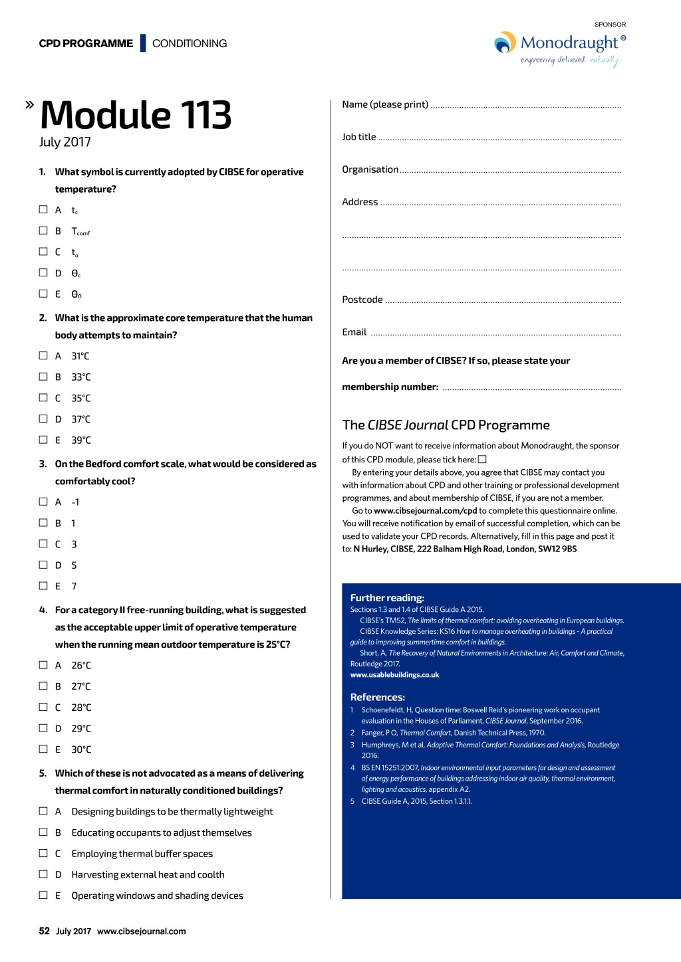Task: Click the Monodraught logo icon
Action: [505, 43]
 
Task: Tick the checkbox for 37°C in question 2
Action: [43, 419]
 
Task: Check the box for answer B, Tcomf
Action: [43, 231]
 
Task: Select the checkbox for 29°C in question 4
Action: [43, 728]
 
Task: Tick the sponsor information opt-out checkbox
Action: [482, 459]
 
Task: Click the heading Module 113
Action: [136, 115]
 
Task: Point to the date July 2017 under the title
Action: [65, 142]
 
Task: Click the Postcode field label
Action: [362, 300]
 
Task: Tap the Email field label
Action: [354, 332]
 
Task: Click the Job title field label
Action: [359, 137]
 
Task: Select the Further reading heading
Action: [387, 598]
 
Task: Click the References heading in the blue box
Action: [378, 698]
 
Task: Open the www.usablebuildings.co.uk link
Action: [394, 675]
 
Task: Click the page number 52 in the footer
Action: [45, 931]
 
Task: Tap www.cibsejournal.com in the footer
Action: [142, 931]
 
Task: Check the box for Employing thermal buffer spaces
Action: [43, 853]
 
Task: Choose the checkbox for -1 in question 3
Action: [43, 502]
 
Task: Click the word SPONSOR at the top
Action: [610, 25]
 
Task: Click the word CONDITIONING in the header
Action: [190, 44]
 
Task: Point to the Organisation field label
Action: [370, 169]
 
